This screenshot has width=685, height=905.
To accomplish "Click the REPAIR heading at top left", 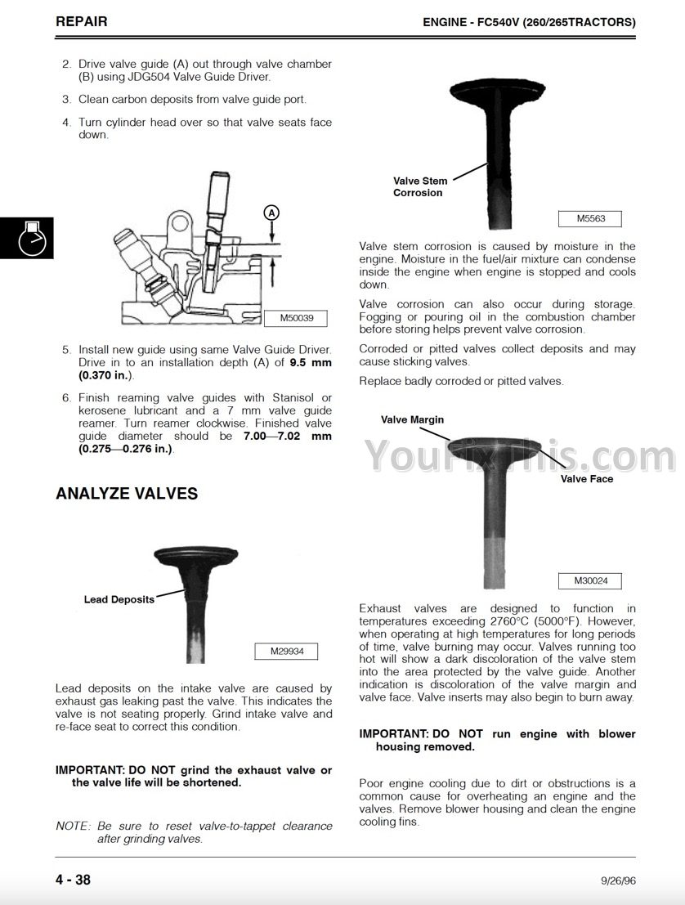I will point(81,21).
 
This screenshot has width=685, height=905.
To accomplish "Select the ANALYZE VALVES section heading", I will point(127,494).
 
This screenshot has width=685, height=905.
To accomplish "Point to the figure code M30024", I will point(591,581).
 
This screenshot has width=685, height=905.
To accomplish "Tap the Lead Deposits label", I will point(119,599).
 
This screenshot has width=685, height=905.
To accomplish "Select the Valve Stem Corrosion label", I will point(419,187).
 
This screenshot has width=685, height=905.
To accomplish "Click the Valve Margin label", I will point(412,419).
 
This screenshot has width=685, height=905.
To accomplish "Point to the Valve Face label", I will point(586,479).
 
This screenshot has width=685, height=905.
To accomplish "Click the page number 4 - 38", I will point(74,880).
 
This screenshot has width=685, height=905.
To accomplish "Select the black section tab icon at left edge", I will point(27,238).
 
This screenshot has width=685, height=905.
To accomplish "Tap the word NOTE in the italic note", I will point(72,827).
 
